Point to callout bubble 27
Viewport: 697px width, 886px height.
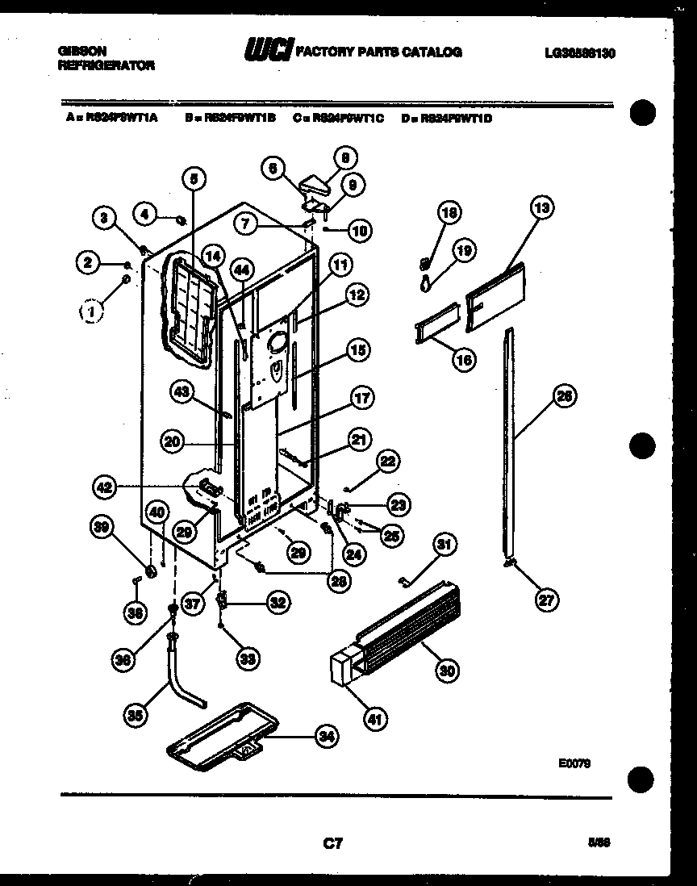click(549, 599)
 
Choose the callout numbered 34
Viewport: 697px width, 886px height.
click(326, 736)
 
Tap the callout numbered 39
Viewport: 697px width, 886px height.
click(102, 526)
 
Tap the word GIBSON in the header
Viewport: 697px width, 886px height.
click(81, 50)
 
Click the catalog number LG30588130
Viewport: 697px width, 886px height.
click(579, 53)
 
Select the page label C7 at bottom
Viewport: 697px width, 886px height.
click(333, 844)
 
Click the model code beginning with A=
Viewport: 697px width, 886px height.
click(112, 118)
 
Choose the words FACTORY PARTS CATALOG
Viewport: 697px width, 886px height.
click(379, 52)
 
